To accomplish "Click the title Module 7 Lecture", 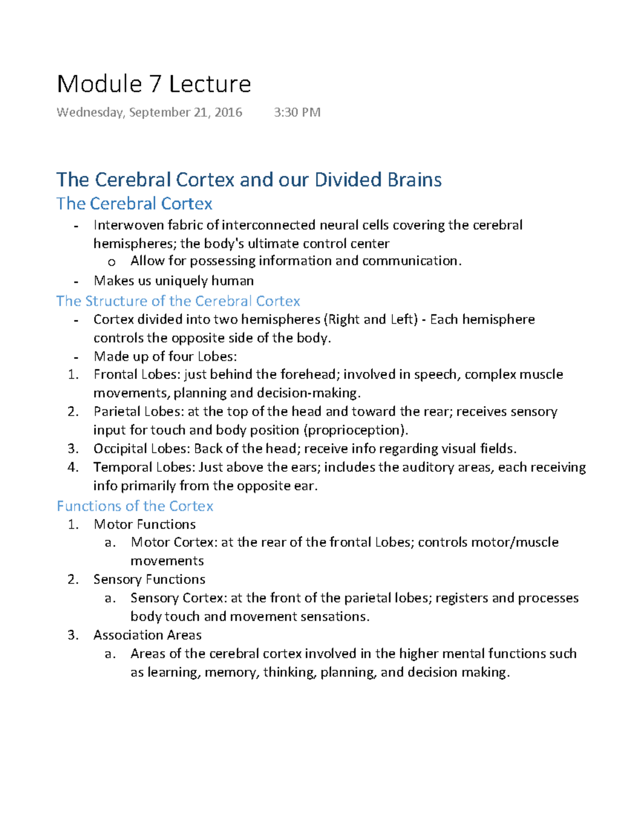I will coord(154,84).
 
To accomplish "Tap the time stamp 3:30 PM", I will coord(297,112).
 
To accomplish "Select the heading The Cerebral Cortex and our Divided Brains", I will coord(249,180).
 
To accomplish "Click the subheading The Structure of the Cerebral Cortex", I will coord(178,301).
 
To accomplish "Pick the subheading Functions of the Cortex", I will coord(135,506).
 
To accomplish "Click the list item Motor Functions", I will coord(145,525).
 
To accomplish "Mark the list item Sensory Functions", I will coord(149,579).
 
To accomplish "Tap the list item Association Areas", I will coord(148,635).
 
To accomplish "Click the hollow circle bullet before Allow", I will coord(111,262).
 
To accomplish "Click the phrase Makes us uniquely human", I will coord(174,281).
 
